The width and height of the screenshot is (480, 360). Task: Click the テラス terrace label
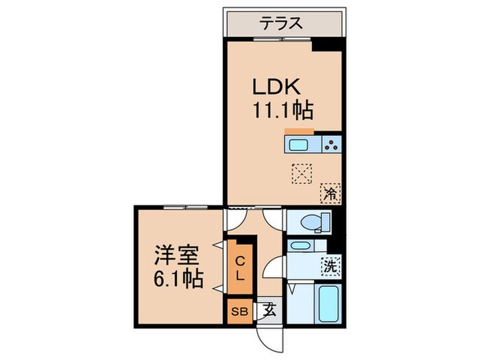pyautogui.click(x=280, y=23)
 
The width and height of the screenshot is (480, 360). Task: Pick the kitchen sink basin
pyautogui.click(x=298, y=145)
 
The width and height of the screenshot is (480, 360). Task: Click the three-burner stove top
pyautogui.click(x=331, y=145)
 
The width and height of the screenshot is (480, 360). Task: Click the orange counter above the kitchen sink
pyautogui.click(x=299, y=131)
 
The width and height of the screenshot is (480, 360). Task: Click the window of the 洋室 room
pyautogui.click(x=185, y=206)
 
